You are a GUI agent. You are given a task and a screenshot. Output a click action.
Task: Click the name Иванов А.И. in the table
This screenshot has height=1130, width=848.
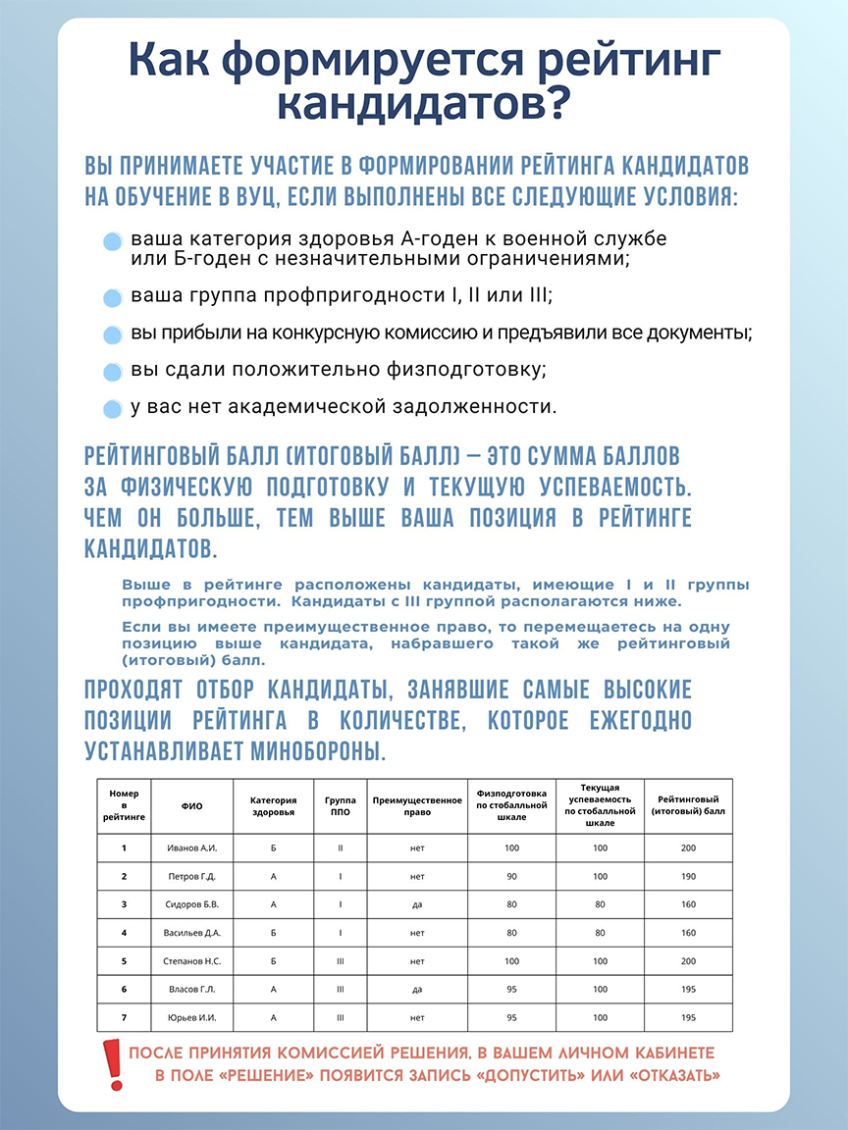coord(191,847)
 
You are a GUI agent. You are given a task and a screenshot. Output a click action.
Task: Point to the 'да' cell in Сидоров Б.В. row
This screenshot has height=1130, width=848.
coord(417,904)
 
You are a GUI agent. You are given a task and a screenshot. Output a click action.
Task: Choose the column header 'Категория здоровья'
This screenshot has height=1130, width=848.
coord(273,806)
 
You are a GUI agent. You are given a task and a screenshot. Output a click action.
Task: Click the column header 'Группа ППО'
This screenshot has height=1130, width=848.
coord(340,806)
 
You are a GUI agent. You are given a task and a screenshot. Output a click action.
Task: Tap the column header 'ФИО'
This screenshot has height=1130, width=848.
coord(191,806)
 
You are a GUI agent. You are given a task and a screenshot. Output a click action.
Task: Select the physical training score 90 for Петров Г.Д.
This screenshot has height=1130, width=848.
coord(510,876)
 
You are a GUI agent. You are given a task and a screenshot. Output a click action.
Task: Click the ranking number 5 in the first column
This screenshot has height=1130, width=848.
coord(124,961)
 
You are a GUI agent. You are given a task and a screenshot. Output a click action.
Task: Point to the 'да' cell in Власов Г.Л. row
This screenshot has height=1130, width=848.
coord(417,990)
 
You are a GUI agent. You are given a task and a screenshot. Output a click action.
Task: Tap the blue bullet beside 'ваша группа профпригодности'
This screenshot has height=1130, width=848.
coord(113,297)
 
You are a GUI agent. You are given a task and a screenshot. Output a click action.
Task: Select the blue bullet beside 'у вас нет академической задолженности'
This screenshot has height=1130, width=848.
coord(113,408)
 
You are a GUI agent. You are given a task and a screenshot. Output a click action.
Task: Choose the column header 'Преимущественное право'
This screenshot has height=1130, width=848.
coord(417,806)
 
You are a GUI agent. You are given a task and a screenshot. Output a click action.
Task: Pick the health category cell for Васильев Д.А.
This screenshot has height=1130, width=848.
coord(273,933)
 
